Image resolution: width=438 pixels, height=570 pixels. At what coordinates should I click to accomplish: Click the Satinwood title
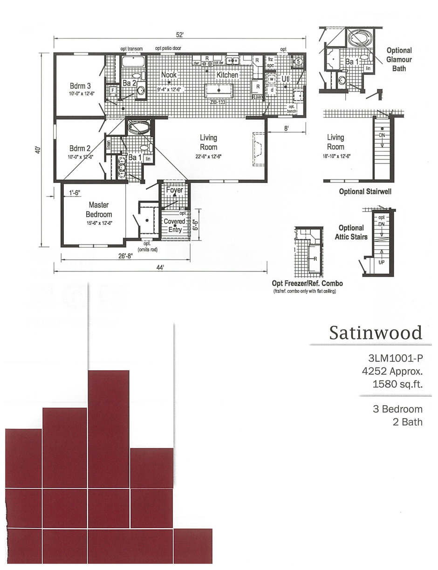coord(376,332)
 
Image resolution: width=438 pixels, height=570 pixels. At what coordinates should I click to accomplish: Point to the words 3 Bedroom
coord(397,409)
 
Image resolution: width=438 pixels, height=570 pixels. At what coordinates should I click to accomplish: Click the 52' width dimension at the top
coord(180,35)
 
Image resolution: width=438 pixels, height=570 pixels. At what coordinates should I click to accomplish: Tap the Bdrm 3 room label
coord(80,86)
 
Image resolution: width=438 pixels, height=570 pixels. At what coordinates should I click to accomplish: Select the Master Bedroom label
coord(99,210)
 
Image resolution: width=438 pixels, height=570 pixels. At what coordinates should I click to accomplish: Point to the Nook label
coord(169,75)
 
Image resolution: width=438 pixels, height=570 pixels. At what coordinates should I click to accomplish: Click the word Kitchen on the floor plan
coord(227,75)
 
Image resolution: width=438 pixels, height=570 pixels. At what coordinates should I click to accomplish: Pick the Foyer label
coord(174,190)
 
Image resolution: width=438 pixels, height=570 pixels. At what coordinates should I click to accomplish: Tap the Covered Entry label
coord(174,225)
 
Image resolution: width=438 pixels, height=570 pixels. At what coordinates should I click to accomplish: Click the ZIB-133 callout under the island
coord(218,101)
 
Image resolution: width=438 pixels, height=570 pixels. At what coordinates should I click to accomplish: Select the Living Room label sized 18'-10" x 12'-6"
coord(335,142)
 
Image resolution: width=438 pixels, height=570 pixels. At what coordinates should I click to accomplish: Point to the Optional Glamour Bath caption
coord(399,59)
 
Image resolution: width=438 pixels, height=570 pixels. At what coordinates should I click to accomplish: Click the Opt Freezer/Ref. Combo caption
coord(307,283)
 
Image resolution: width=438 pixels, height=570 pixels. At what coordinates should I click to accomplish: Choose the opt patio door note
coord(168,48)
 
